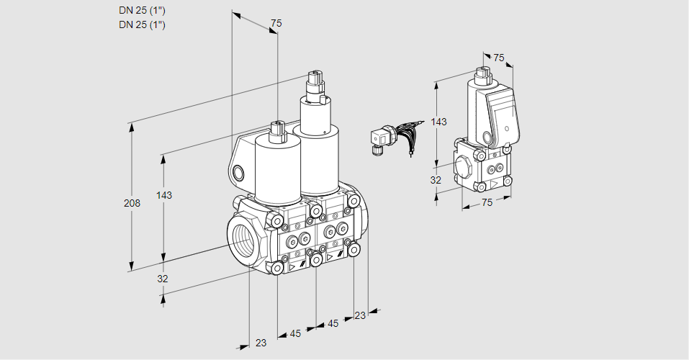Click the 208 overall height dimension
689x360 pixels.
coord(132,204)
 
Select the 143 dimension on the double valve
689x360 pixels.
coord(164,196)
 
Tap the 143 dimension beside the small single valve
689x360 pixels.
coord(438,122)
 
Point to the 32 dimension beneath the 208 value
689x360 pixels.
coord(163,279)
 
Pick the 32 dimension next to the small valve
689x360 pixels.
coord(436,180)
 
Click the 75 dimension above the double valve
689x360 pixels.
coord(276,24)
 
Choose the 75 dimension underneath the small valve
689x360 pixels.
coord(487,203)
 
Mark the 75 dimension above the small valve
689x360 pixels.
coord(499,58)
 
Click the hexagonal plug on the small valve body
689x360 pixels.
coord(464,166)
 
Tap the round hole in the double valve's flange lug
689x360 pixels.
coord(239,172)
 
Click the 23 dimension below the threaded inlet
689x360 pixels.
coord(261,343)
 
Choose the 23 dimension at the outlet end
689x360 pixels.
coord(361,315)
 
